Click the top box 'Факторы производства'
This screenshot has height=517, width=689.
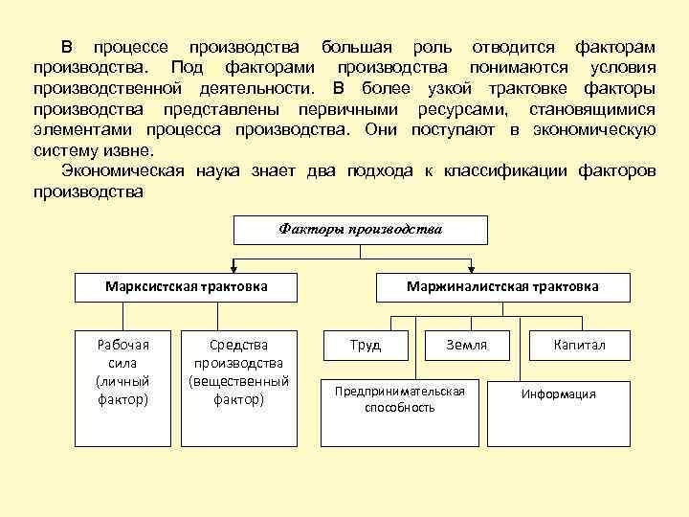click(361, 230)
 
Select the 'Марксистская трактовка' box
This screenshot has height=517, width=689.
click(186, 286)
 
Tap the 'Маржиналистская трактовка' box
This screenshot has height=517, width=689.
click(502, 286)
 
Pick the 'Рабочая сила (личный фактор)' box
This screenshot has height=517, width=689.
click(123, 371)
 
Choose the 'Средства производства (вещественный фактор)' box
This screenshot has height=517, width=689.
click(238, 371)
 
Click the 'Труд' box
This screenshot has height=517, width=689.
click(366, 345)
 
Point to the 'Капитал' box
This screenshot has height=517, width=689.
click(579, 345)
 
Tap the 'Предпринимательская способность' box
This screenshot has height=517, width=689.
click(399, 399)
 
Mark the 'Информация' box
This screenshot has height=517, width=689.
click(558, 394)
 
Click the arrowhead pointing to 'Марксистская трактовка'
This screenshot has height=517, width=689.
click(232, 269)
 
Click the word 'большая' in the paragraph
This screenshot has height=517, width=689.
click(353, 47)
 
